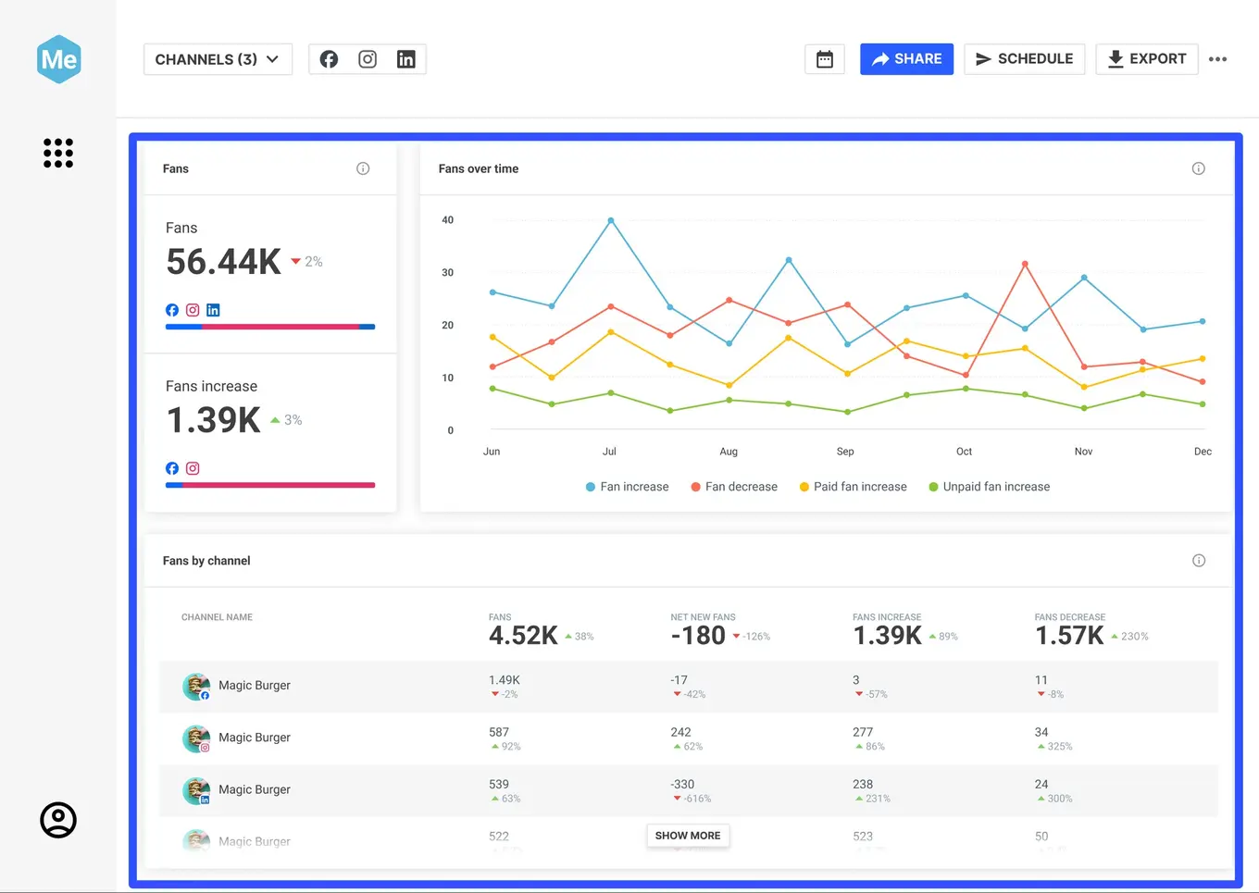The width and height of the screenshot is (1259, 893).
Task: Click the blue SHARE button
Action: click(x=906, y=59)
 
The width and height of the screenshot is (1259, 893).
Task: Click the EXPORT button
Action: click(x=1146, y=59)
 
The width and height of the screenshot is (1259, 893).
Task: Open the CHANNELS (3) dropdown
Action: click(x=218, y=59)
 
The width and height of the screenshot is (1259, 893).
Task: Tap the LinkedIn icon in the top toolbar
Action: click(x=405, y=59)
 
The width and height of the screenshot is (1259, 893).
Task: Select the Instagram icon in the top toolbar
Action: click(x=368, y=59)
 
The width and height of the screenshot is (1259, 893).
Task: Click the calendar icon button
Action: click(x=824, y=59)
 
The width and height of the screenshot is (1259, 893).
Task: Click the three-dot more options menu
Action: click(x=1217, y=59)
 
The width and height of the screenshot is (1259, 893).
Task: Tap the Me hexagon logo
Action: click(x=59, y=60)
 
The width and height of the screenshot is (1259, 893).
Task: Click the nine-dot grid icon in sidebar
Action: click(x=58, y=153)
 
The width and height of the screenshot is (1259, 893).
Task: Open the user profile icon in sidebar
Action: click(x=58, y=820)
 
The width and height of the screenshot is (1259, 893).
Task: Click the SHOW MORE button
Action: click(x=688, y=836)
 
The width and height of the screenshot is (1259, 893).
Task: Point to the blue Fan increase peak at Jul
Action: click(x=611, y=220)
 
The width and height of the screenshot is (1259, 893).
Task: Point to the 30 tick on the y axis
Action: click(x=448, y=273)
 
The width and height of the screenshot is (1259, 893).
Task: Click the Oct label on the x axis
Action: click(x=964, y=452)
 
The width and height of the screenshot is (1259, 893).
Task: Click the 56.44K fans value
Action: click(x=223, y=262)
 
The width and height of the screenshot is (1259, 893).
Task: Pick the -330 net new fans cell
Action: click(x=683, y=784)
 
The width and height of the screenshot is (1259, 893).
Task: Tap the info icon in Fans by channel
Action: click(x=1199, y=561)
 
